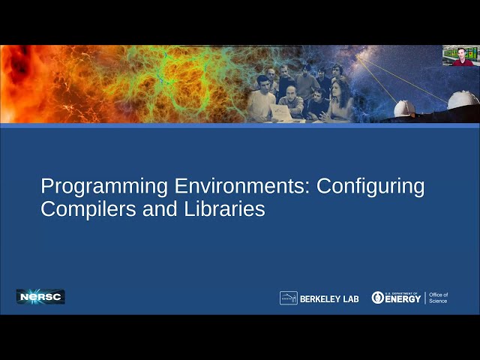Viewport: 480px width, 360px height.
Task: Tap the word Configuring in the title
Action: pyautogui.click(x=370, y=186)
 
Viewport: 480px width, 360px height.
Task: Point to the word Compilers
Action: pyautogui.click(x=85, y=208)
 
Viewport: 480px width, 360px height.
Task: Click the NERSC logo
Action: pyautogui.click(x=40, y=296)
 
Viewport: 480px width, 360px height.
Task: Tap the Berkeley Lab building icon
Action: pyautogui.click(x=289, y=298)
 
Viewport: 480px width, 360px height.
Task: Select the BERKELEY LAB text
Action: pyautogui.click(x=329, y=298)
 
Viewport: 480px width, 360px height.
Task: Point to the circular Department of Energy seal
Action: pyautogui.click(x=378, y=298)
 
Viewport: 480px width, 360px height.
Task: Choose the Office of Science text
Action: pyautogui.click(x=438, y=298)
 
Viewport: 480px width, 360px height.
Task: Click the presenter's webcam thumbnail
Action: pyautogui.click(x=460, y=55)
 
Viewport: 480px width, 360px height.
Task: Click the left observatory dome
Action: pyautogui.click(x=404, y=109)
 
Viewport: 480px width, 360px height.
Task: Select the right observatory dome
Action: pyautogui.click(x=462, y=100)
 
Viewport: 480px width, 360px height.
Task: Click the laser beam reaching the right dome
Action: pyautogui.click(x=420, y=80)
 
